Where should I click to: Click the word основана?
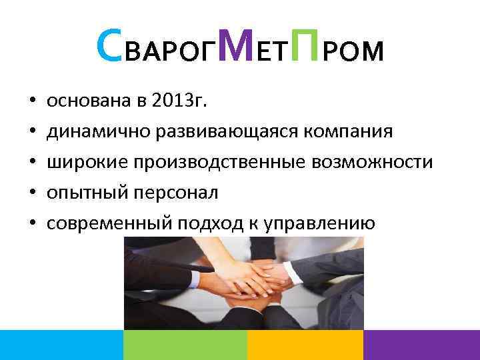pyautogui.click(x=83, y=101)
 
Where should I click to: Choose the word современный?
pyautogui.click(x=107, y=223)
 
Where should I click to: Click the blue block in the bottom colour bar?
pyautogui.click(x=61, y=345)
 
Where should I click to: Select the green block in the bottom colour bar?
pyautogui.click(x=185, y=345)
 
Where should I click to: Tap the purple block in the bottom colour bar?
pyautogui.click(x=421, y=345)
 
